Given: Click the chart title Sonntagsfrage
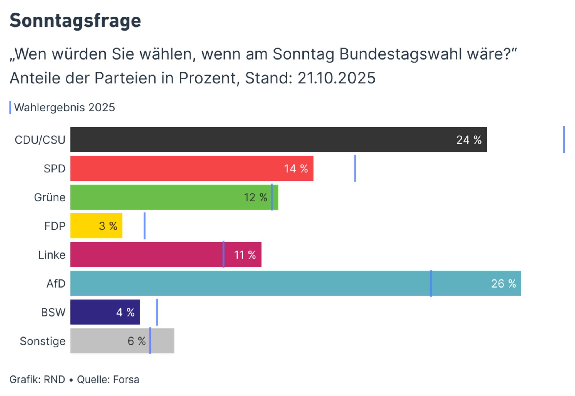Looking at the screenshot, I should (x=75, y=21).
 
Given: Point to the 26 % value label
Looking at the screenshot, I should (x=503, y=283).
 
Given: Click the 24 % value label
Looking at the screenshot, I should (x=469, y=140).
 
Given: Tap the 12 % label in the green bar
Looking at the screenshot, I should (x=255, y=197).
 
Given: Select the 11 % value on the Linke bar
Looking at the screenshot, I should (x=245, y=255).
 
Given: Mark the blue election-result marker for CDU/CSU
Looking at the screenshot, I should (x=563, y=140).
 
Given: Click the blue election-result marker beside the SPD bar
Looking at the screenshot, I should (x=355, y=168).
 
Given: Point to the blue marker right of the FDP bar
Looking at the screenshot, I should (x=145, y=226).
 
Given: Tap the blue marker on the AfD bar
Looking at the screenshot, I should (x=431, y=283).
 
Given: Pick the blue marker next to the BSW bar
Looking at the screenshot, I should (x=157, y=312).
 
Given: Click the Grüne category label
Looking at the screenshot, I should (x=50, y=197).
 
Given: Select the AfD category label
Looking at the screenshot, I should (x=56, y=283).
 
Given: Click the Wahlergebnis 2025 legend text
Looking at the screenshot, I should (x=64, y=108).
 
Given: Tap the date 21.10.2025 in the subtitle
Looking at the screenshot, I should (x=336, y=78).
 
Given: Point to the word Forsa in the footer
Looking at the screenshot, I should (x=126, y=379).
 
